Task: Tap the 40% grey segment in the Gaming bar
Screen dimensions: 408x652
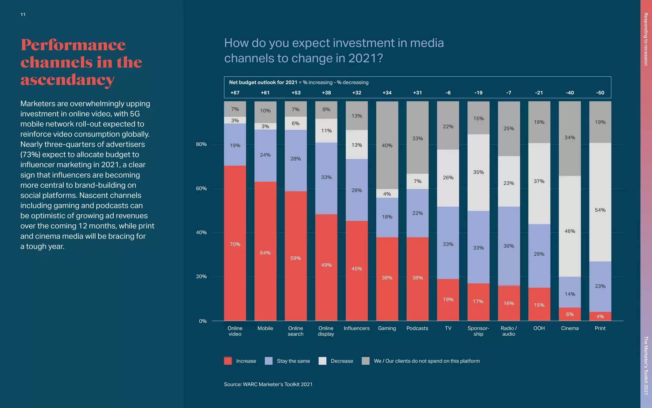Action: coord(387,145)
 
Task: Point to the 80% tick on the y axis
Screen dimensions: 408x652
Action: coord(201,144)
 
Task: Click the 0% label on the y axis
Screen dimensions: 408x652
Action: coord(203,321)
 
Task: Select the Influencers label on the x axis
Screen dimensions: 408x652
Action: coord(357,328)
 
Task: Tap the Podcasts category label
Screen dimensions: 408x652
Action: coord(417,328)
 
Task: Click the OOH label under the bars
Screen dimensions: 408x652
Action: coord(539,328)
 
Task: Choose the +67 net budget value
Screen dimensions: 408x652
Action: coord(235,93)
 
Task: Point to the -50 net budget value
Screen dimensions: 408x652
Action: coord(600,93)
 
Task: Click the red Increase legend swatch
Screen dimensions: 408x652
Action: coord(228,361)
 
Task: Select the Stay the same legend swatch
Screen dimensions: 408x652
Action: coord(269,361)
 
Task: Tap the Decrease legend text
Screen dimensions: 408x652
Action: coord(342,361)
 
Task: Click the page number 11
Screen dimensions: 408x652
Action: coord(23,14)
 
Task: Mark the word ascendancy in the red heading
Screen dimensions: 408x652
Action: coord(67,80)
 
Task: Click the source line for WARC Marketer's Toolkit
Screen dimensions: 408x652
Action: coord(268,384)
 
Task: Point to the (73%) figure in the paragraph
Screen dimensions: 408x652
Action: coord(30,155)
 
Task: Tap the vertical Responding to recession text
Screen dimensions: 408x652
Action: coord(646,39)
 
